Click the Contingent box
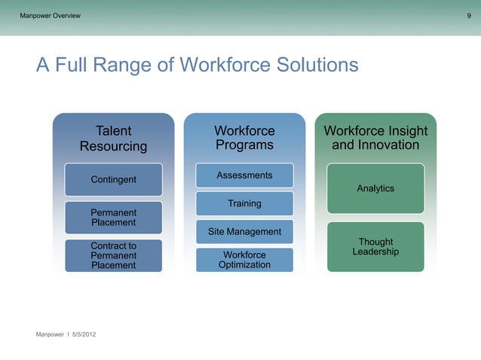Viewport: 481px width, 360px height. (113, 180)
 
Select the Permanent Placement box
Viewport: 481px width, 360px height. (113, 217)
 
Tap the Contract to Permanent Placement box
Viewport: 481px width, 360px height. (113, 255)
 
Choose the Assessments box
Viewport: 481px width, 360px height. (244, 175)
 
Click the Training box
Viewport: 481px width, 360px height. (244, 203)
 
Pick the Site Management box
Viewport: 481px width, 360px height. (244, 231)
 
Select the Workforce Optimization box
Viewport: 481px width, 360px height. (244, 260)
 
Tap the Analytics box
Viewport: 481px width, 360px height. (375, 188)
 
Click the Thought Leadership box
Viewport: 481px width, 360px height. (375, 246)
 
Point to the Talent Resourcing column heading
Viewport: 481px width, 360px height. (113, 139)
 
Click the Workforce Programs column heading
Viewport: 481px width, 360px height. (244, 138)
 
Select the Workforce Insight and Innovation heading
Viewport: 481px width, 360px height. (375, 138)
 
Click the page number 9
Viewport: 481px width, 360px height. (469, 16)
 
